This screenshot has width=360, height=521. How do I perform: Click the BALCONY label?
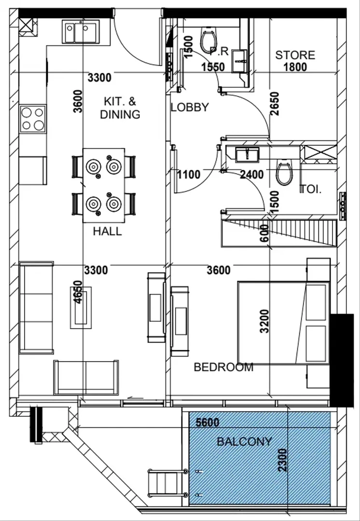[244, 441]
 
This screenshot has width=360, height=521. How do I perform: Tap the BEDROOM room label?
[223, 367]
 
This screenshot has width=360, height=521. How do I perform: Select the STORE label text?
[295, 55]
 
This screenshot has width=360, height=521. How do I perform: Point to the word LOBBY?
[190, 107]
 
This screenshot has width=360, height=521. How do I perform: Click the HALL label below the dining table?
[107, 231]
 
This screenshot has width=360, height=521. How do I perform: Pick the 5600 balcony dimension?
[208, 422]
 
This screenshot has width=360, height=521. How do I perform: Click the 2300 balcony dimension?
[282, 460]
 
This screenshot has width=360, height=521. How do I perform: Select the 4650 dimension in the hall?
[79, 292]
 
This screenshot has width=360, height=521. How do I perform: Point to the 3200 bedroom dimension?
[264, 321]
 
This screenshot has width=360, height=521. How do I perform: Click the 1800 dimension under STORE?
[295, 67]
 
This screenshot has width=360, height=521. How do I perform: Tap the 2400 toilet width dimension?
[251, 175]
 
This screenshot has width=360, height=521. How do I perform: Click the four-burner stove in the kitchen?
[33, 119]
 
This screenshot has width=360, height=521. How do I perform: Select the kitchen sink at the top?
[81, 32]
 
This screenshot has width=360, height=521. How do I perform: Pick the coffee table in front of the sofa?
[81, 308]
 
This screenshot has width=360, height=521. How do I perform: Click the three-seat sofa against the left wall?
[36, 308]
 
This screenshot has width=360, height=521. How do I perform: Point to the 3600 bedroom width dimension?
[219, 270]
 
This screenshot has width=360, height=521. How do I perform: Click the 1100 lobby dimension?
[189, 175]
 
